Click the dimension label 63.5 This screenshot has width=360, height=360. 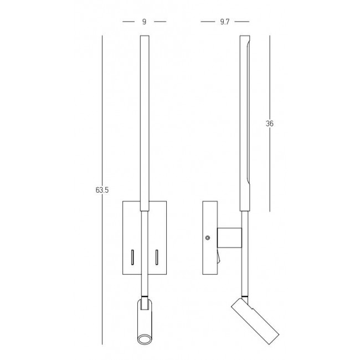click(x=102, y=190)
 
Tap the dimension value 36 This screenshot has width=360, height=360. click(x=270, y=124)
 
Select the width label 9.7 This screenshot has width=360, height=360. click(x=224, y=22)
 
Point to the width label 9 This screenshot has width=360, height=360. click(x=144, y=22)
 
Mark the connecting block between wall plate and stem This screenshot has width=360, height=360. click(x=229, y=237)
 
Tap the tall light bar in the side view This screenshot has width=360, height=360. click(x=244, y=122)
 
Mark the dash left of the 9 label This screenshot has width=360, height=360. click(x=128, y=22)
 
